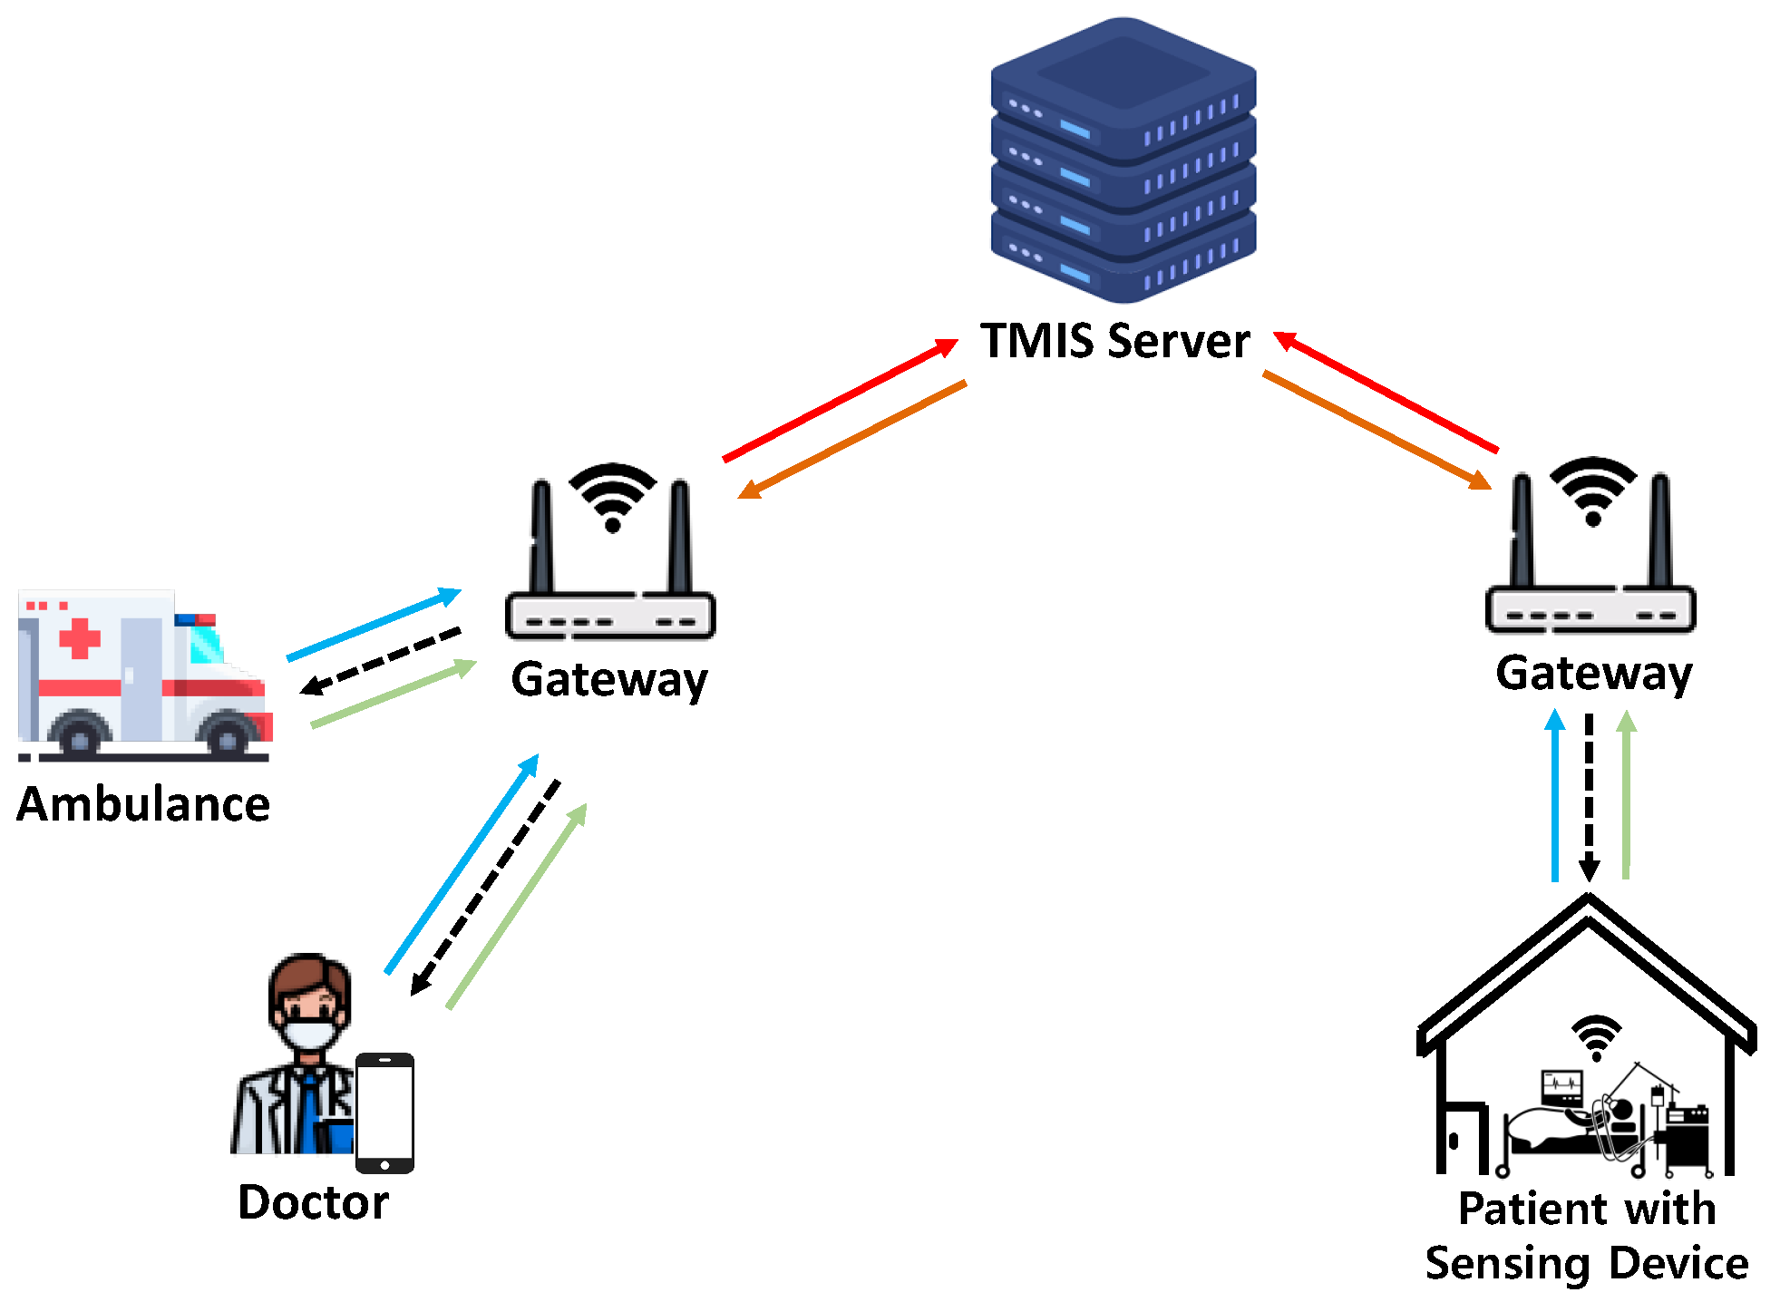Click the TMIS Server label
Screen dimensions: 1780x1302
pos(1114,341)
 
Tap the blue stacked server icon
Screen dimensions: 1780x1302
pos(1123,160)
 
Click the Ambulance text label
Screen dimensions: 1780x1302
pos(143,804)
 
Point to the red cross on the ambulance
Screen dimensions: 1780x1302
pos(80,637)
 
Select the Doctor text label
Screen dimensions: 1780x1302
pos(313,1202)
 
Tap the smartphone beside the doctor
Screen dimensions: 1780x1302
pos(384,1113)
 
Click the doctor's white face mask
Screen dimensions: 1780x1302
pos(308,1034)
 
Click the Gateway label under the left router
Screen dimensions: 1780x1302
pos(609,681)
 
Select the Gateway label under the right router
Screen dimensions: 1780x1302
pos(1594,674)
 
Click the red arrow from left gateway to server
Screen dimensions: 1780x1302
pos(841,400)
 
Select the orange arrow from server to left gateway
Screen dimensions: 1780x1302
pos(852,440)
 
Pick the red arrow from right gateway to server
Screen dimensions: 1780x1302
pos(1386,391)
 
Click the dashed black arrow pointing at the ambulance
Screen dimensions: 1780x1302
pos(380,661)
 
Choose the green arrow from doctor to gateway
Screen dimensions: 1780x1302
pos(517,906)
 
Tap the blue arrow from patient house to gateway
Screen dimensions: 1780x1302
pos(1555,795)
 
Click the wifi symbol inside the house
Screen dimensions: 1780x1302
pos(1596,1037)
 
